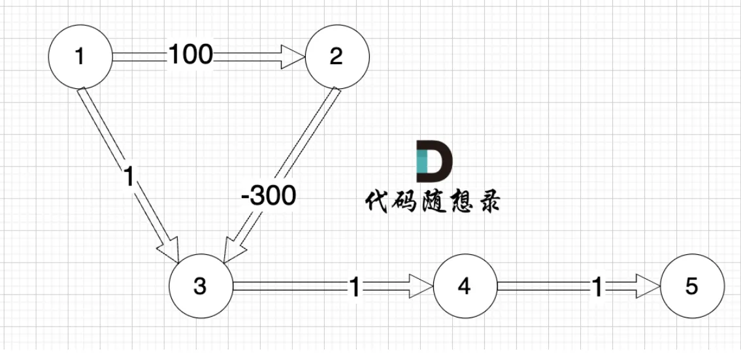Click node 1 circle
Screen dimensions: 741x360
[x=80, y=57]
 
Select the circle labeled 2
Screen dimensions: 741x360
[x=336, y=57]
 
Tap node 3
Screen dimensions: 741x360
[x=200, y=286]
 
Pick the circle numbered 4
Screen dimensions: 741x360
[x=464, y=286]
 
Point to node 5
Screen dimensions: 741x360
[x=692, y=286]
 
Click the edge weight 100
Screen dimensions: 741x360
[x=191, y=56]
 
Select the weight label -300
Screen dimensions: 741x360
[x=268, y=195]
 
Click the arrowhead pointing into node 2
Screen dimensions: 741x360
[x=294, y=57]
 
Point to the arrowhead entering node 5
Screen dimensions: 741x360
[x=650, y=286]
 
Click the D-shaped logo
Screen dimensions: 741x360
[x=434, y=161]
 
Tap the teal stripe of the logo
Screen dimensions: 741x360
[x=421, y=161]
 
